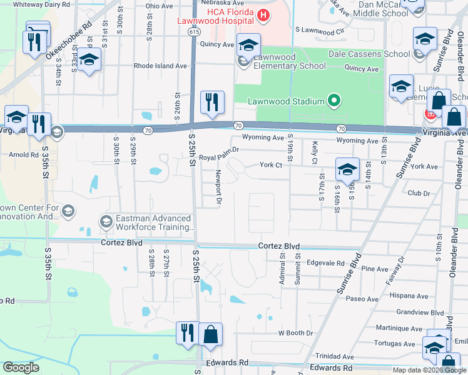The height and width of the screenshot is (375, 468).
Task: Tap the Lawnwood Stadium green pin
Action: point(334,101)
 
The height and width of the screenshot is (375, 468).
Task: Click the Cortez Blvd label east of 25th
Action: point(278,246)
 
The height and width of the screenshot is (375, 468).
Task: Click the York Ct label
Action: point(271,166)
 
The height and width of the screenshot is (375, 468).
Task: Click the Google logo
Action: point(21,367)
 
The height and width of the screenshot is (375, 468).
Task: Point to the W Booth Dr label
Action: point(295,333)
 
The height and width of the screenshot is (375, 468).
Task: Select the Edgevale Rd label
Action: point(326,263)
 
